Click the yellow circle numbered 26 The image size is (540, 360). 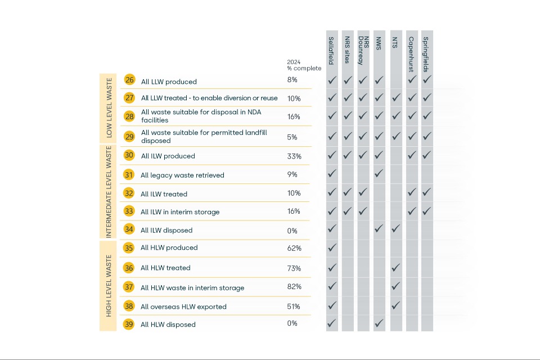[129, 80]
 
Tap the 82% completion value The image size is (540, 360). [294, 287]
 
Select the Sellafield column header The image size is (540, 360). [331, 51]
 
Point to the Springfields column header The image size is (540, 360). [426, 54]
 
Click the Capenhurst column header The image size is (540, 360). [411, 54]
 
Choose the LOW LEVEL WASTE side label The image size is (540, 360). [109, 108]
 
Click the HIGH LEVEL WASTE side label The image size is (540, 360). [109, 286]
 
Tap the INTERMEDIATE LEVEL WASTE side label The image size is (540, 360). [109, 192]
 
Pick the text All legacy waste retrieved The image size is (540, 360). [182, 175]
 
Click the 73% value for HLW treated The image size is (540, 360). [294, 268]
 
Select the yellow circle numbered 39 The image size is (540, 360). [129, 324]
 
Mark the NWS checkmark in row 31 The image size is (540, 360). [379, 173]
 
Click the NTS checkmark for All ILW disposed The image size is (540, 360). [395, 228]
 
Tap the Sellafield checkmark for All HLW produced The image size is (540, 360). [332, 247]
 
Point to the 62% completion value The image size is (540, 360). [294, 248]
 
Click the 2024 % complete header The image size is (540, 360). [304, 65]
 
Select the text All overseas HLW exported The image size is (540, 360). [183, 307]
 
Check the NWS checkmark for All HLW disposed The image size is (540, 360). [379, 323]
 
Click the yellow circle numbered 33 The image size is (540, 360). [129, 211]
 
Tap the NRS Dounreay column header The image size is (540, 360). [363, 51]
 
